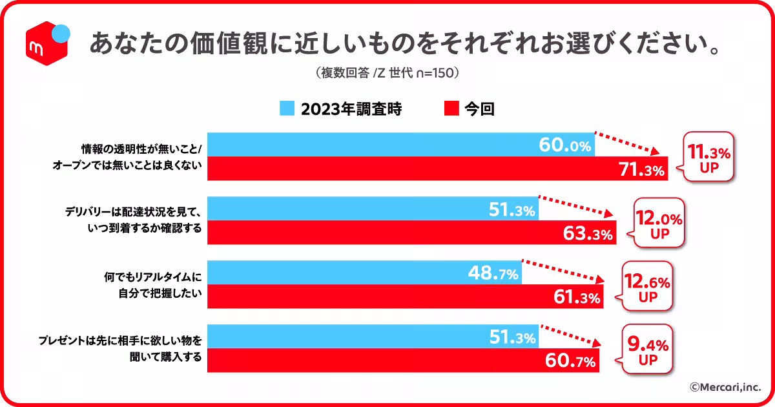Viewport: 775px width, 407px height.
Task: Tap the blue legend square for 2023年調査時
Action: [287, 109]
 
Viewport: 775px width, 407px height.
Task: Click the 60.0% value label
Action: [565, 145]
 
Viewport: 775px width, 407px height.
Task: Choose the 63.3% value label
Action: [587, 233]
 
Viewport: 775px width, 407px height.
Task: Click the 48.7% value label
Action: [493, 274]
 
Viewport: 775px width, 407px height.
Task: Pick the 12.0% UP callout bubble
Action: [659, 224]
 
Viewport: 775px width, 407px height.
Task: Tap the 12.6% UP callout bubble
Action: [647, 287]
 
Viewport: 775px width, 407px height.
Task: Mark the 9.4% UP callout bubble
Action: [647, 350]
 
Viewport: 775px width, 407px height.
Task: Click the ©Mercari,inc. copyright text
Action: [725, 387]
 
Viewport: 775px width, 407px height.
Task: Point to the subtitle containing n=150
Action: [387, 73]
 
